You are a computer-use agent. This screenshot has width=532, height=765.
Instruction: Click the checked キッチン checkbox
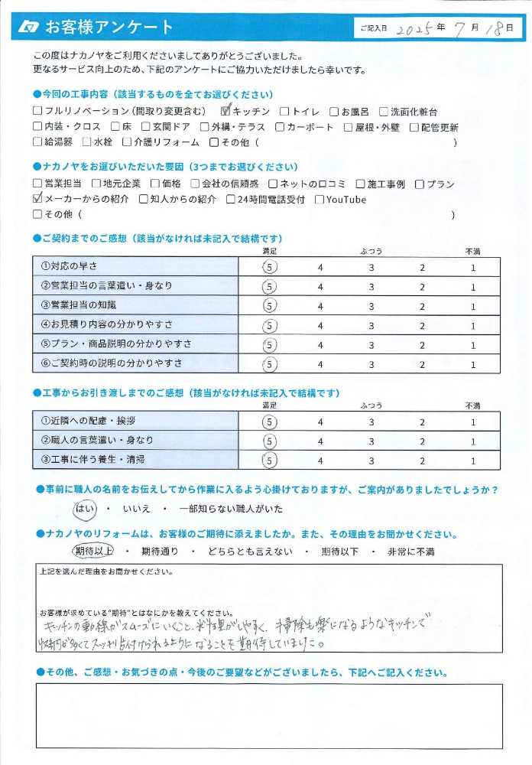tap(225, 112)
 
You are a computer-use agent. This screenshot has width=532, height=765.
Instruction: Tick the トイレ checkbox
tap(284, 112)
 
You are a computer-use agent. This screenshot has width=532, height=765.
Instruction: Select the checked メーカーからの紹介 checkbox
tap(38, 200)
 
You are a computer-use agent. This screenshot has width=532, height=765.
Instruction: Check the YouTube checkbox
tap(320, 200)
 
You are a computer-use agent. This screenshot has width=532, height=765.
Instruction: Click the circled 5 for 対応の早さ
tap(268, 267)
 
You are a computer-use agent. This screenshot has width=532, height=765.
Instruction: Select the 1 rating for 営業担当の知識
tap(473, 306)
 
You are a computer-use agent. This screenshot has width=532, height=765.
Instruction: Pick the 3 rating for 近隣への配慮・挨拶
tap(371, 422)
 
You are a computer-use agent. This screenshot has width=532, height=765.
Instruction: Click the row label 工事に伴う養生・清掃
tap(92, 460)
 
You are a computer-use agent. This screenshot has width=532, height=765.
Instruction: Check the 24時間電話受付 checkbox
tap(231, 200)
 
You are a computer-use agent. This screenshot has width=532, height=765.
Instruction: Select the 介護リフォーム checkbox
tap(126, 142)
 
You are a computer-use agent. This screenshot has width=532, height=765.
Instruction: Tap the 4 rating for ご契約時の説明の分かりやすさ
tap(321, 365)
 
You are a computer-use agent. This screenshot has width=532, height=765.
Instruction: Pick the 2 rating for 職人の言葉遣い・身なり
tap(421, 441)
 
